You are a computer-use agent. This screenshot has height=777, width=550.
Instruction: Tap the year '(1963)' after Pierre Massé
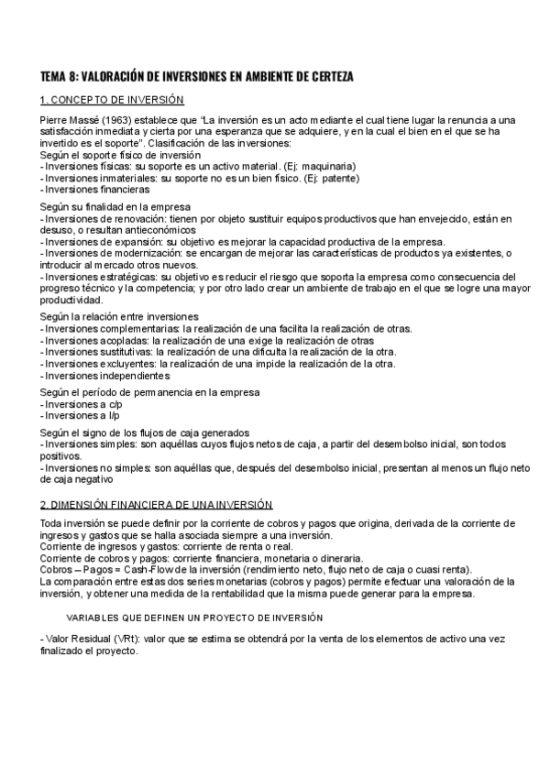pyautogui.click(x=103, y=121)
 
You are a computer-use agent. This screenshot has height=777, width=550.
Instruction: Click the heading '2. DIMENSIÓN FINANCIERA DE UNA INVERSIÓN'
pyautogui.click(x=157, y=505)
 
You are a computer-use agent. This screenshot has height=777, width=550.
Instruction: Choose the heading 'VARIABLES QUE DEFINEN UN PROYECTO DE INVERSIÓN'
pyautogui.click(x=193, y=618)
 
